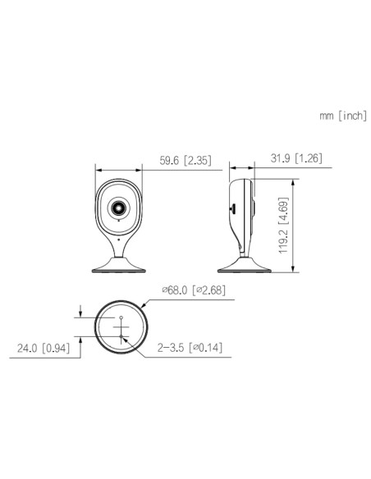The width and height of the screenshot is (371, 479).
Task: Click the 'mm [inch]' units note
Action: click(x=343, y=116)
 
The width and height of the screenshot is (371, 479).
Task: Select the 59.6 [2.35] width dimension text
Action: click(x=186, y=162)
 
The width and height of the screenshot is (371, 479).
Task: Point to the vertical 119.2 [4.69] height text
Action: click(x=282, y=224)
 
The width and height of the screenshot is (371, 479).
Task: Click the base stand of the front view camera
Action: click(x=120, y=266)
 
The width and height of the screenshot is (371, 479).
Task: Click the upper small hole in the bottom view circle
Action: click(x=121, y=317)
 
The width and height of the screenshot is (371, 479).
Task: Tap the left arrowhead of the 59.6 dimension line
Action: click(x=99, y=170)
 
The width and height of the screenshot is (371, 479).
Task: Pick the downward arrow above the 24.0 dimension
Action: click(x=80, y=314)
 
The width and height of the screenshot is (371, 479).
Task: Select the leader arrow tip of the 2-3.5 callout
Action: click(x=123, y=336)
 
